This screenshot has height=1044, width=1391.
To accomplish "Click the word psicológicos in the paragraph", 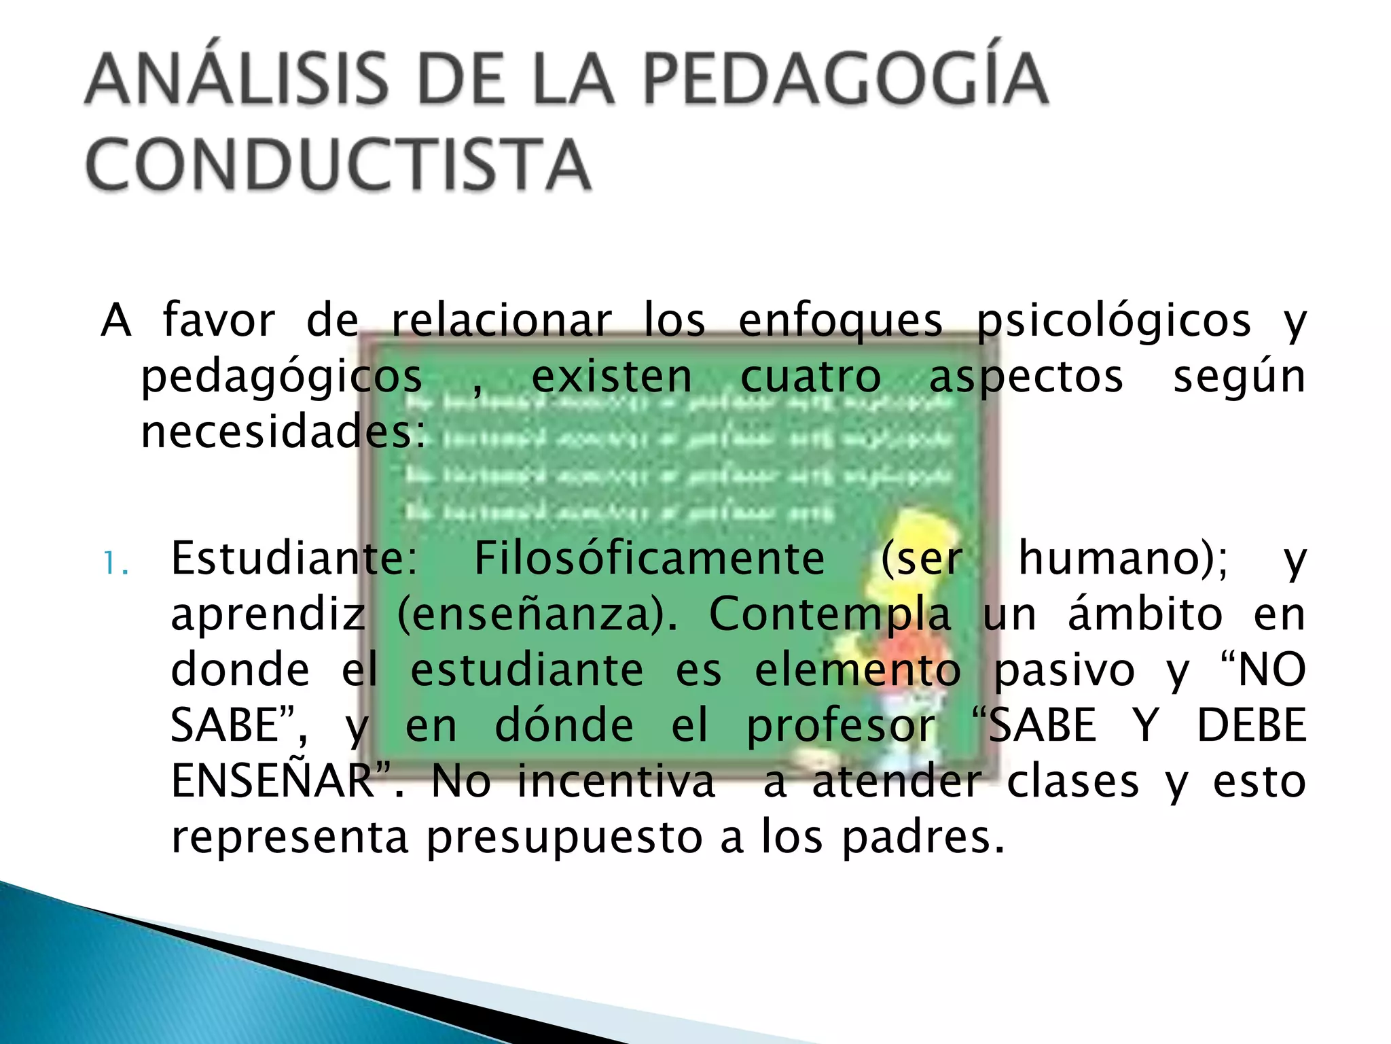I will (x=1114, y=321).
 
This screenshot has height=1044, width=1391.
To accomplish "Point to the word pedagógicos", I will (x=281, y=378).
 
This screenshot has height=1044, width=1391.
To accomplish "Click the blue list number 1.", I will (x=115, y=563).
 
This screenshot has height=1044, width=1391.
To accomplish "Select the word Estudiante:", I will (x=294, y=559).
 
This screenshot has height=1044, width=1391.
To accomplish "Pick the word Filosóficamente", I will (x=649, y=559).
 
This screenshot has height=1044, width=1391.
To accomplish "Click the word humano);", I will (x=1123, y=559).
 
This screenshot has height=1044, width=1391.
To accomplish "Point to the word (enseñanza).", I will (x=537, y=614).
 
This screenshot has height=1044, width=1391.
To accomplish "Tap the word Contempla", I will (x=829, y=614).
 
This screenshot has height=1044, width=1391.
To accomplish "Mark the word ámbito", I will (x=1145, y=613).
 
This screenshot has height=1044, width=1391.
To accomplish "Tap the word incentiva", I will (x=616, y=782).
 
